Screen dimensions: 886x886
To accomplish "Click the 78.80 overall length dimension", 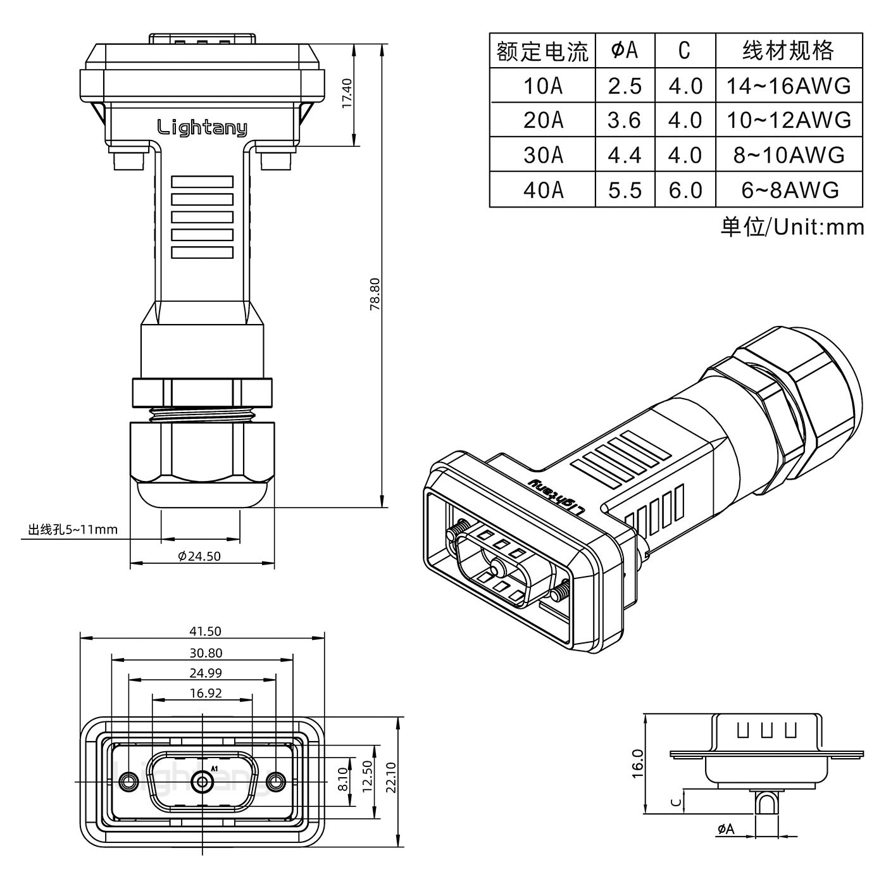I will pyautogui.click(x=375, y=293).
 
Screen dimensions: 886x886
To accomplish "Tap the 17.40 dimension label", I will pyautogui.click(x=347, y=93).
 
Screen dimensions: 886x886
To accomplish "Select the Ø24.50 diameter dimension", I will pyautogui.click(x=199, y=556).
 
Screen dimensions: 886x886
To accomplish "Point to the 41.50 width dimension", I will pyautogui.click(x=205, y=631).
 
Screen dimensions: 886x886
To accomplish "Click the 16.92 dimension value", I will pyautogui.click(x=205, y=693).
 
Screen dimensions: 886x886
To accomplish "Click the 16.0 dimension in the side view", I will pyautogui.click(x=637, y=763).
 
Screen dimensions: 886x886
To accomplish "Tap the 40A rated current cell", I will pyautogui.click(x=542, y=190).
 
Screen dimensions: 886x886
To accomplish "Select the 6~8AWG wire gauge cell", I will pyautogui.click(x=789, y=190).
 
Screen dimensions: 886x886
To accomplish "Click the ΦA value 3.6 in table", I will pyautogui.click(x=624, y=120).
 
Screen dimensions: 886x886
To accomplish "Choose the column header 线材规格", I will pyautogui.click(x=789, y=51).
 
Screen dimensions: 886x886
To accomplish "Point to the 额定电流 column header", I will pyautogui.click(x=542, y=51).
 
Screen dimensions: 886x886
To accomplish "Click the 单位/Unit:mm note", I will pyautogui.click(x=792, y=227).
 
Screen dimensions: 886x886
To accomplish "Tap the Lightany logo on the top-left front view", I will pyautogui.click(x=202, y=128).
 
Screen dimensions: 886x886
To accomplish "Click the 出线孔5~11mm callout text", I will pyautogui.click(x=73, y=529).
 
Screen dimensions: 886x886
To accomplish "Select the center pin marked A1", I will pyautogui.click(x=203, y=782).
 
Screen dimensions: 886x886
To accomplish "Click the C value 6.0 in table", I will pyautogui.click(x=685, y=190).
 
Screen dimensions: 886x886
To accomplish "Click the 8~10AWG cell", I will pyautogui.click(x=789, y=155).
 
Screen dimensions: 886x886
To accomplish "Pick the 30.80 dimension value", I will pyautogui.click(x=205, y=653).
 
